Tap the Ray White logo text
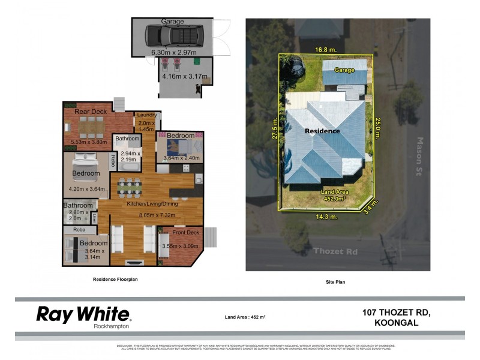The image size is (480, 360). (x=83, y=314)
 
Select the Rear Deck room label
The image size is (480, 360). (x=91, y=111)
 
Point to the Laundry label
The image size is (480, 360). (x=146, y=115)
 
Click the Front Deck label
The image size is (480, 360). (x=185, y=232)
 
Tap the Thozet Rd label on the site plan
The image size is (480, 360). (x=335, y=251)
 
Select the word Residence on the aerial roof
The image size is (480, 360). (x=322, y=131)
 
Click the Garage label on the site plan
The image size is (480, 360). (x=344, y=70)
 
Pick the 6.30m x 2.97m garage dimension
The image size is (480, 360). (x=174, y=52)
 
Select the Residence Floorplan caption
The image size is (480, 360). (x=119, y=279)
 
